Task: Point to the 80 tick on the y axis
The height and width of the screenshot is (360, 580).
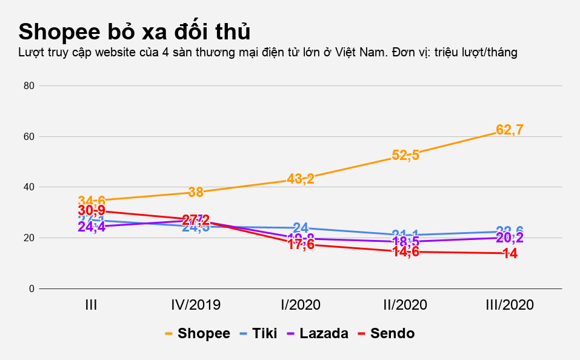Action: point(28,86)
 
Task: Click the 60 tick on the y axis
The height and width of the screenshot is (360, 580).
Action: point(28,137)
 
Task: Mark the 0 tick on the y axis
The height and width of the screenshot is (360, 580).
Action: point(30,289)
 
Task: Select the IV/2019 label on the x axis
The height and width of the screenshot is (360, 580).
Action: point(195,305)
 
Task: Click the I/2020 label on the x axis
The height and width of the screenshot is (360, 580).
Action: point(301,305)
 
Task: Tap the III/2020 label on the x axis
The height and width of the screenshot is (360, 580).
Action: point(510,305)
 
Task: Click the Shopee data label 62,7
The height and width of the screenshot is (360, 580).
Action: point(510,129)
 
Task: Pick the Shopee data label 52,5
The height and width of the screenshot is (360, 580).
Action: point(405,155)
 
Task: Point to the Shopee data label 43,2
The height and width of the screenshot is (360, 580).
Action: point(301,179)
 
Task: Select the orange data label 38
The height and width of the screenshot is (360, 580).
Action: point(196,192)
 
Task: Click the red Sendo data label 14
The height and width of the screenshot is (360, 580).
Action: point(510,254)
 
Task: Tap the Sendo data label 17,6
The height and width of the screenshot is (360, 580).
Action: point(301,245)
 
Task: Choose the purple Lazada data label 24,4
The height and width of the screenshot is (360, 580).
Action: point(92,227)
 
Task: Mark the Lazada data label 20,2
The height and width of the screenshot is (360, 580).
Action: point(510,238)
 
